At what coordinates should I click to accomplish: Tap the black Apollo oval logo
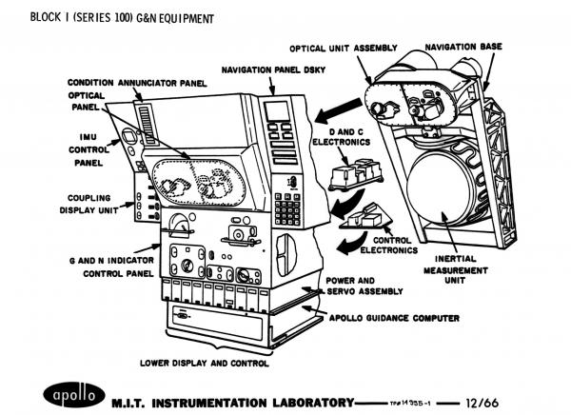coord(72,394)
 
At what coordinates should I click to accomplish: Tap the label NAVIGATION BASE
coord(464,47)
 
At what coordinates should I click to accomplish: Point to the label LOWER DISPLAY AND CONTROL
coord(205,363)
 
